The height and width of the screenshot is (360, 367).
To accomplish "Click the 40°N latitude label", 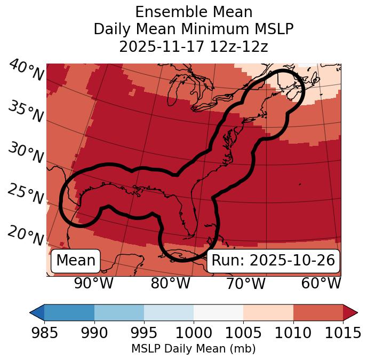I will point(26,71).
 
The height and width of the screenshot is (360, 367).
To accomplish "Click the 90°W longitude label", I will point(94,284).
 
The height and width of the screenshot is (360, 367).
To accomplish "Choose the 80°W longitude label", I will point(170,284).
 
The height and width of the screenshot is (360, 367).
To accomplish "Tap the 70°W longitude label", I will point(245,284).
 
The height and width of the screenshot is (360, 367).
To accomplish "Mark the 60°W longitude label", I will point(321,284).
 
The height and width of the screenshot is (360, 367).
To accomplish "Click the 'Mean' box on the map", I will point(76,261).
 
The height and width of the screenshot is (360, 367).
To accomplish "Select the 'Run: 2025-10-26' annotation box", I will point(273,261).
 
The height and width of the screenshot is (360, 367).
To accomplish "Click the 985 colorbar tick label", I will point(44,333).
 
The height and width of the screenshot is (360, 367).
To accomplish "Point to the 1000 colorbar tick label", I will point(194,333).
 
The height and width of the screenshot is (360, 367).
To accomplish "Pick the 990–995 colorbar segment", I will point(119,312).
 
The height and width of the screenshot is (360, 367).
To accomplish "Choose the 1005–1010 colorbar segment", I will point(268,312).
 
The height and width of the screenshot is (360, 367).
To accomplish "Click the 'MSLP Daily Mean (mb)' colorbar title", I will point(193,349).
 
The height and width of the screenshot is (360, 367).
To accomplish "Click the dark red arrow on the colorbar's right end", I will point(350,312).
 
